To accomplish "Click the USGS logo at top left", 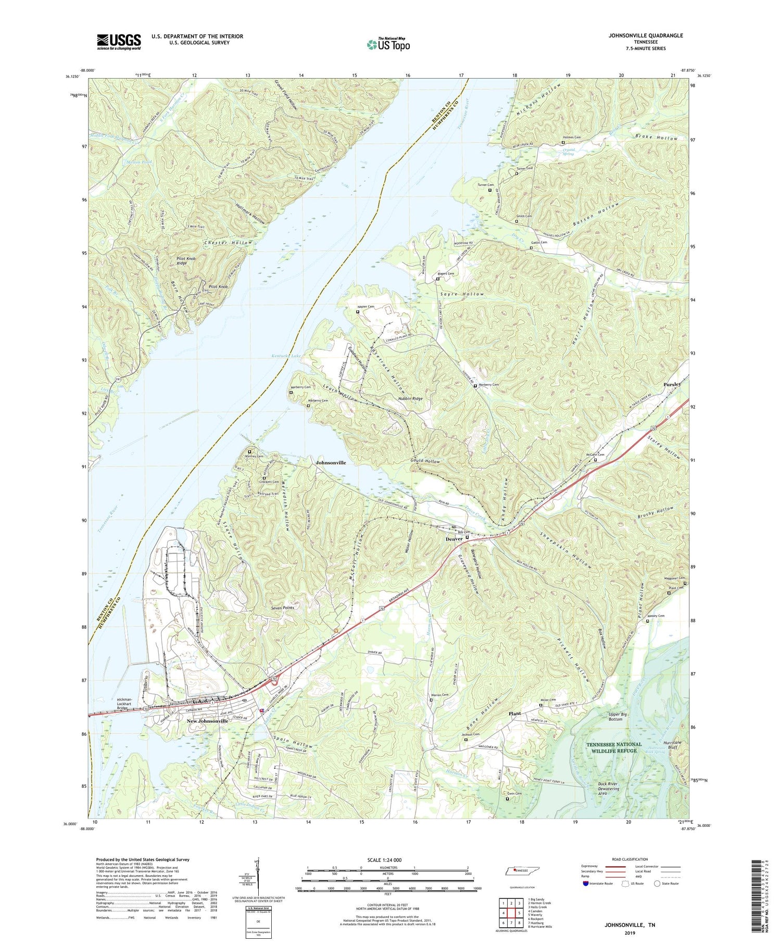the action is (x=119, y=42).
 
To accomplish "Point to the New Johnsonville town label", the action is (x=207, y=721).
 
